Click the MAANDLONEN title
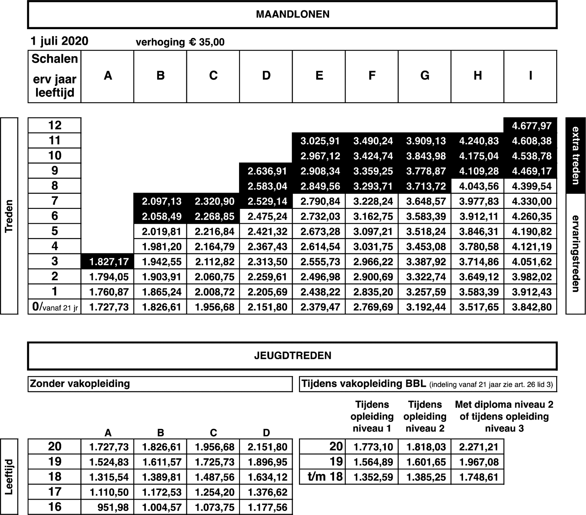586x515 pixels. pos(292,15)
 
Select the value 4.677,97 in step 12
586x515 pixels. pos(531,126)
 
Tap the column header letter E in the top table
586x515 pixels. pos(319,76)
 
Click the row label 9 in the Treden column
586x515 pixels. pos(55,171)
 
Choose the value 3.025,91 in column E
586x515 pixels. pos(320,141)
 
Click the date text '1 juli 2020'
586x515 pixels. pos(60,41)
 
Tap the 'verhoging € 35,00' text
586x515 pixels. pos(180,42)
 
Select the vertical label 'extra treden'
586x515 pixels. pos(576,155)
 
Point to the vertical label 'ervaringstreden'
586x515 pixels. pos(576,254)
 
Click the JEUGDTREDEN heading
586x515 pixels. pos(292,356)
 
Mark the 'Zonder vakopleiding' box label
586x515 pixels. pos(80,384)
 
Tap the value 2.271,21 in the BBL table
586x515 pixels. pos(479,447)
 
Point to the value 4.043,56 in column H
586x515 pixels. pos(479,186)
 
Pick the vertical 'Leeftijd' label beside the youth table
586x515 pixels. pos(9,476)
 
